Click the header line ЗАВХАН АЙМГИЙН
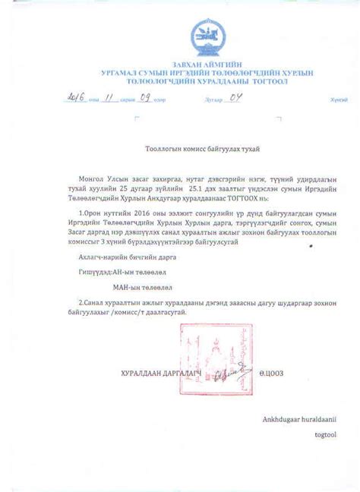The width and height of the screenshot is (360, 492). (207, 64)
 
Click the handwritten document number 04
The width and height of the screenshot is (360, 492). (235, 98)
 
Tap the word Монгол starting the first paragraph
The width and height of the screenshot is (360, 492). (101, 177)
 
